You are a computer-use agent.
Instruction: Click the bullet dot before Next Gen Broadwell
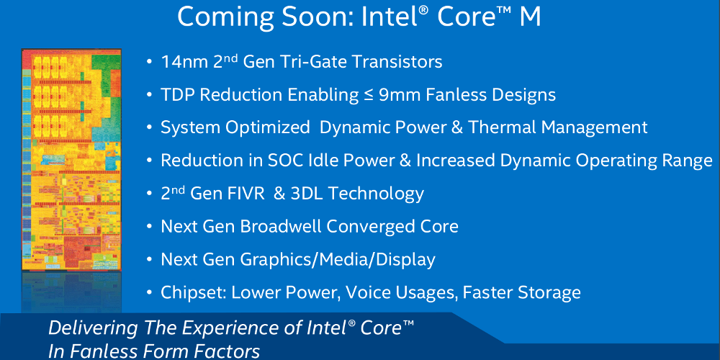(x=149, y=227)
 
